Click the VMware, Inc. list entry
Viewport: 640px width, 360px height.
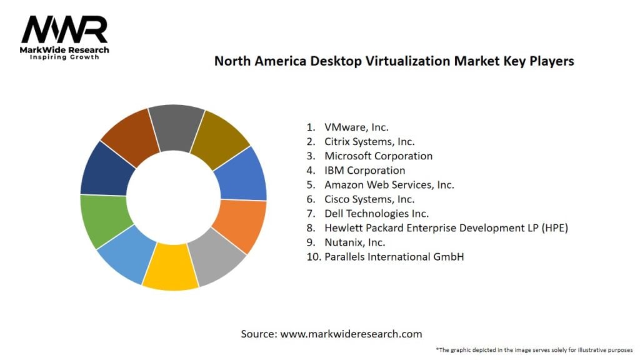coord(356,127)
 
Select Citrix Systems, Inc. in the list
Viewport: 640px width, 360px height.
coord(369,142)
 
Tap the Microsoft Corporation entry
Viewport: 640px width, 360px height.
coord(378,156)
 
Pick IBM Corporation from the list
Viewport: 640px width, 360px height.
coord(364,171)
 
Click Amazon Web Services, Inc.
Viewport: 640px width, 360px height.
coord(389,185)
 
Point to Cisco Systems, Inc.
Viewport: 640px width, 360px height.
coord(369,199)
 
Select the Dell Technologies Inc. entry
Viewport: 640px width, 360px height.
coord(376,214)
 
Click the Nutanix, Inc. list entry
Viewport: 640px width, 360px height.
coord(354,242)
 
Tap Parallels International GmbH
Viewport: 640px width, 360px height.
coord(394,256)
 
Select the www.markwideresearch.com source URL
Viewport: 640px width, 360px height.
coord(351,334)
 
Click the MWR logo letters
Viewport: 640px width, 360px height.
coord(64,30)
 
